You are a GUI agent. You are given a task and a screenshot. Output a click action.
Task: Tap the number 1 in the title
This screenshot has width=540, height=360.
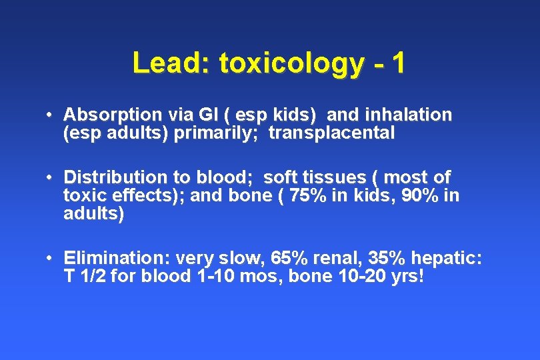click(399, 63)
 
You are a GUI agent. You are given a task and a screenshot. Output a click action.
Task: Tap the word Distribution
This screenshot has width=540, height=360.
click(114, 178)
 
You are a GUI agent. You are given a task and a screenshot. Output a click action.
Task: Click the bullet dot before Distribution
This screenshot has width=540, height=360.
click(51, 178)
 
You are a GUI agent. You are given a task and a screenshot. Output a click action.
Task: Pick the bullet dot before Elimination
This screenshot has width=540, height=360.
click(51, 258)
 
